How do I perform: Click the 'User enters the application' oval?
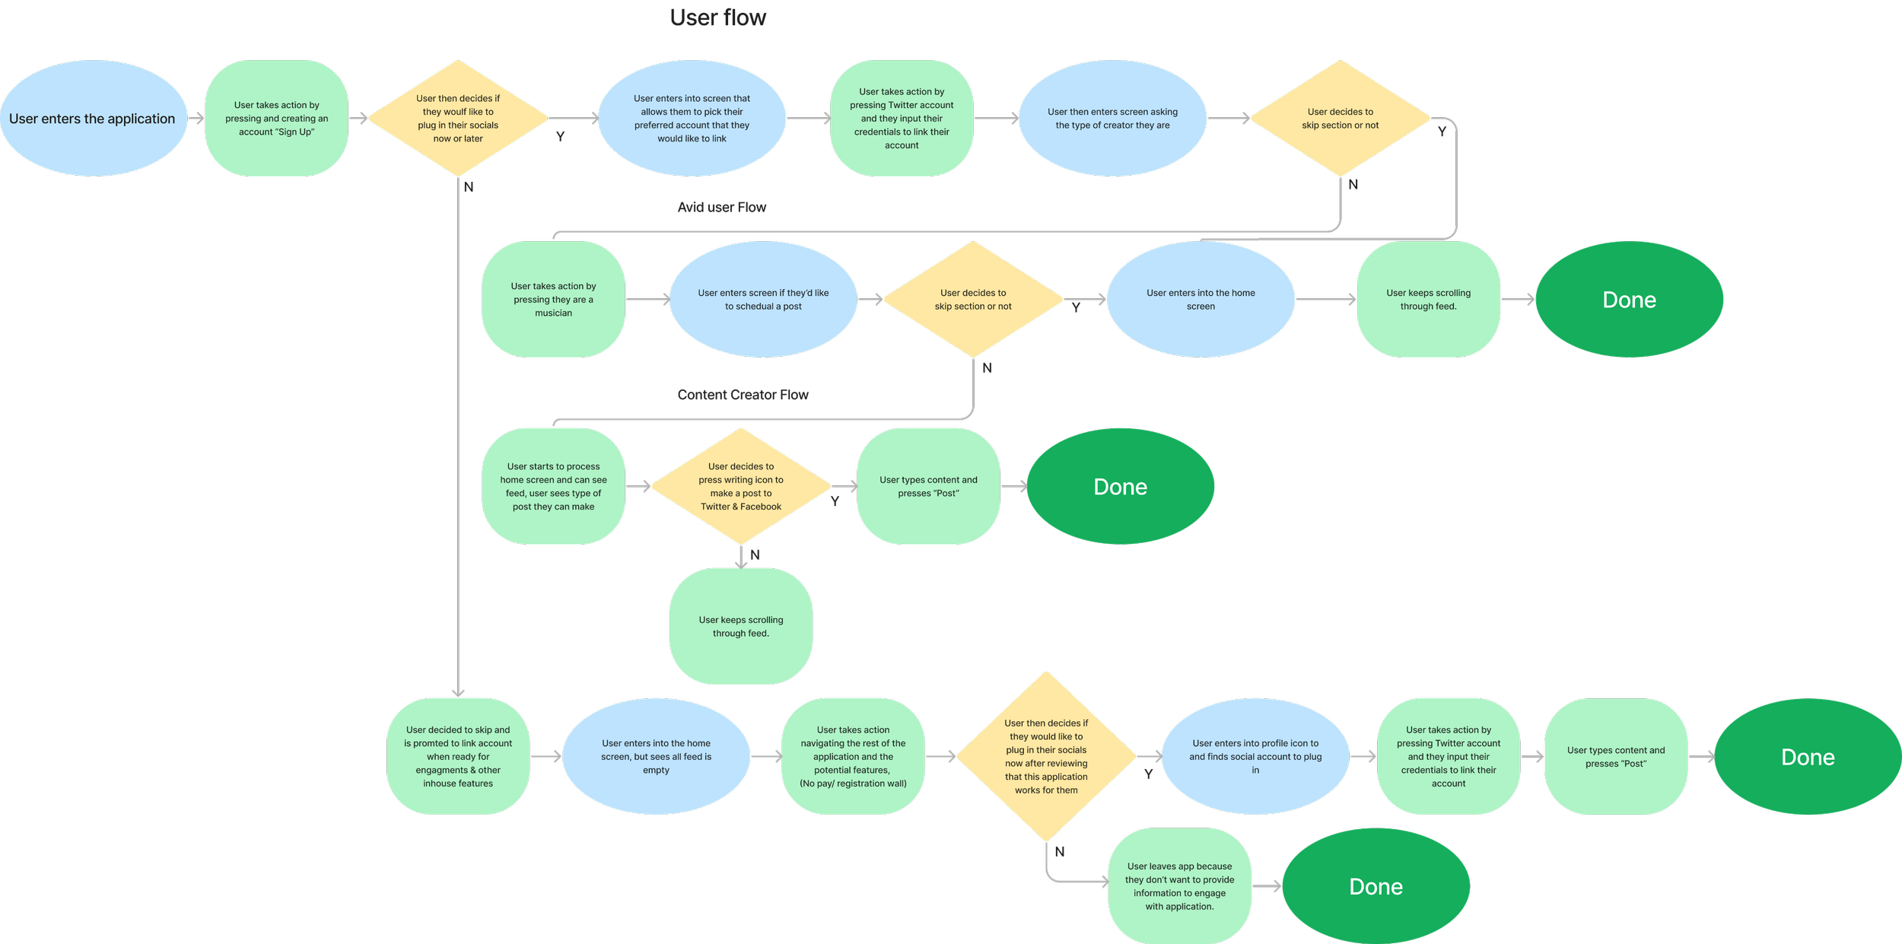[93, 119]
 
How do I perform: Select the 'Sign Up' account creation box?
[277, 119]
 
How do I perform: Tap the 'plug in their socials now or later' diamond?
[458, 119]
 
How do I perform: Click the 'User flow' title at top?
[718, 17]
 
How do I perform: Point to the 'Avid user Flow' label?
[722, 208]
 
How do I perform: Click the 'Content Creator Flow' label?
[743, 395]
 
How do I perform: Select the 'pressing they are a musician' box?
[553, 300]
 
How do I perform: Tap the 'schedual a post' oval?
[763, 300]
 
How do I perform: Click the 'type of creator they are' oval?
[1112, 119]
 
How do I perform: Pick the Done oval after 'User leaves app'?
[1376, 886]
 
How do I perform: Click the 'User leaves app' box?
[1179, 886]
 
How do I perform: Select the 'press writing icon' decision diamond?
[741, 486]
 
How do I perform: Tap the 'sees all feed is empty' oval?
[656, 757]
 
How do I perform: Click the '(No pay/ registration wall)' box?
[853, 757]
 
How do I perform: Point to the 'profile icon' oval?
[1255, 757]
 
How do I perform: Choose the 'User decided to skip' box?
[458, 757]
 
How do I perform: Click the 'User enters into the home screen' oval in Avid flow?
[1201, 300]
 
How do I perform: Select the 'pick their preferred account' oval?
[692, 119]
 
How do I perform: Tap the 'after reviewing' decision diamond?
[1046, 757]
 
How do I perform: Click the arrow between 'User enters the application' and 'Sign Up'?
[196, 118]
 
